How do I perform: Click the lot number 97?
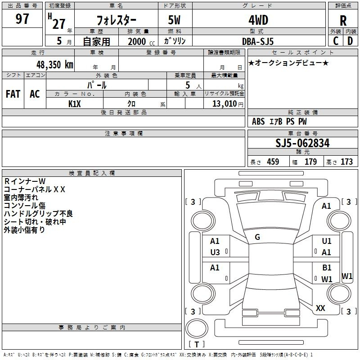pyautogui.click(x=22, y=19)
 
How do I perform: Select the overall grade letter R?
pyautogui.click(x=343, y=21)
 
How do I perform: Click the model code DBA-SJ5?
pyautogui.click(x=258, y=41)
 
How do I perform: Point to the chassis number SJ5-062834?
pyautogui.click(x=302, y=144)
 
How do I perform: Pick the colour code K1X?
pyautogui.click(x=75, y=104)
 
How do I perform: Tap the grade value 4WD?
pyautogui.click(x=258, y=20)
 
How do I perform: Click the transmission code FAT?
pyautogui.click(x=13, y=94)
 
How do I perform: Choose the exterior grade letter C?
pyautogui.click(x=335, y=41)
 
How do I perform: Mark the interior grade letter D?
pyautogui.click(x=350, y=41)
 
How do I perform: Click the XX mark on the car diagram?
pyautogui.click(x=321, y=308)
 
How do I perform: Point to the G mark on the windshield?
pyautogui.click(x=257, y=237)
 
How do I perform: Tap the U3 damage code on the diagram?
pyautogui.click(x=215, y=252)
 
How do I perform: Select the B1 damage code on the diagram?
pyautogui.click(x=327, y=268)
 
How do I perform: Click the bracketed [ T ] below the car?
pyautogui.click(x=197, y=345)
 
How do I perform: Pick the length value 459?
pyautogui.click(x=273, y=162)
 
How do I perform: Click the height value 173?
pyautogui.click(x=346, y=162)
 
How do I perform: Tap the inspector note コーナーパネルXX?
pyautogui.click(x=35, y=189)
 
